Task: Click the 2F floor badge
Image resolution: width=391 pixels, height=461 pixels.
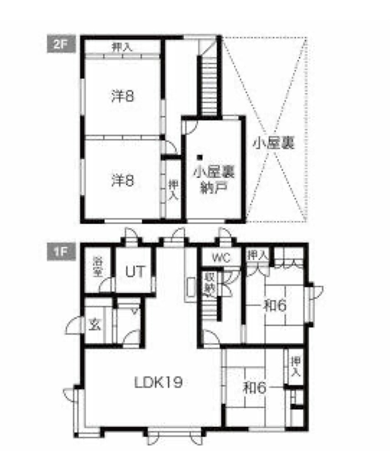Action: [61, 44]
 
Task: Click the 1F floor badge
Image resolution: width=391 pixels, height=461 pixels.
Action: [61, 252]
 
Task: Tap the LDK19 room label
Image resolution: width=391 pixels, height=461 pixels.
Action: [159, 382]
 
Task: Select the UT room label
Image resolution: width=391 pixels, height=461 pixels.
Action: [136, 271]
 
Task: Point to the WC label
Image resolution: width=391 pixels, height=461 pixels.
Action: [221, 258]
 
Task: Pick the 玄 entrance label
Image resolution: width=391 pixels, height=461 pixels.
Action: [95, 325]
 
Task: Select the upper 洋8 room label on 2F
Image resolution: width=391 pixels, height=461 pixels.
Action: [123, 96]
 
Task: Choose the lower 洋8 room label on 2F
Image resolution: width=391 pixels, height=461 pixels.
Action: [123, 180]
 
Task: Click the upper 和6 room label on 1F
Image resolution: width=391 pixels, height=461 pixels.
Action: [275, 306]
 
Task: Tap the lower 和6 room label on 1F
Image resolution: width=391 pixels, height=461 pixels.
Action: [255, 388]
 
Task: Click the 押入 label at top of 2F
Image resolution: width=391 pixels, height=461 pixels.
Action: [122, 47]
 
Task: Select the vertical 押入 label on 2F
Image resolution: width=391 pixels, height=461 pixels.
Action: [173, 190]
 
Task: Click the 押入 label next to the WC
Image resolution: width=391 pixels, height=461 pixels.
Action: [258, 255]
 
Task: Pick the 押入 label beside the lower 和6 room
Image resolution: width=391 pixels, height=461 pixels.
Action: [296, 366]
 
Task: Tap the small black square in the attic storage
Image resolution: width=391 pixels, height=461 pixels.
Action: [200, 157]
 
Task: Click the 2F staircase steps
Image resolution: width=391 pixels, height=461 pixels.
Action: [210, 86]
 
